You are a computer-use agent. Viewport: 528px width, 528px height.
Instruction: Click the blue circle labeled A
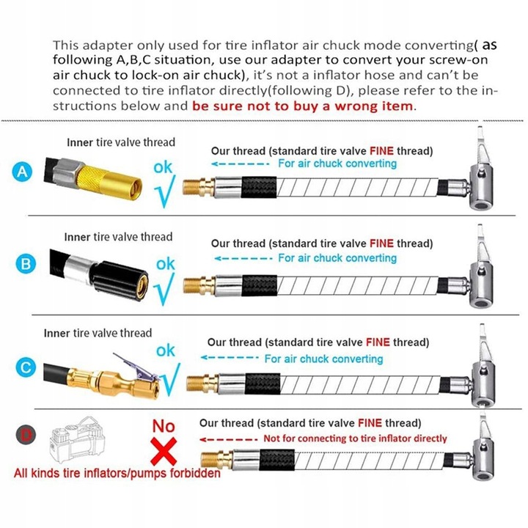pos(22,172)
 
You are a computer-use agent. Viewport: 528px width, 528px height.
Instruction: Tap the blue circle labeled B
pos(26,264)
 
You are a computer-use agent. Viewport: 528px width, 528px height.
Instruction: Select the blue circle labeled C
pos(26,367)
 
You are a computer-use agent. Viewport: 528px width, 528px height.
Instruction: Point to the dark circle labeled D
pos(26,435)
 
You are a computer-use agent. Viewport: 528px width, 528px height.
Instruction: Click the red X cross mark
pos(164,452)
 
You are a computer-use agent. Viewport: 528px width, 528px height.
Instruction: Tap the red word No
pos(164,426)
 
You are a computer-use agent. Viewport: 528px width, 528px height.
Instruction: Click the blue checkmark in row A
pos(165,191)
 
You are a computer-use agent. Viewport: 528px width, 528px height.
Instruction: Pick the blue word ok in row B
pos(165,264)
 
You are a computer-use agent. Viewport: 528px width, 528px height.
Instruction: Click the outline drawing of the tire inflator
pos(78,439)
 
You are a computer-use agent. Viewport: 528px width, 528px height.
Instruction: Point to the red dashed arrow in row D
pos(228,439)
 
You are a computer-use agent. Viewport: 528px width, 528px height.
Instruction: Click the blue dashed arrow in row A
pos(240,164)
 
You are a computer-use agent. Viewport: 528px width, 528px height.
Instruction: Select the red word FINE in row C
pos(378,342)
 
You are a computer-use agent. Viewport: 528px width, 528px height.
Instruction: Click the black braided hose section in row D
pos(276,459)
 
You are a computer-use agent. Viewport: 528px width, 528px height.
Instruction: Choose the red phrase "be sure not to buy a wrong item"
pos(303,106)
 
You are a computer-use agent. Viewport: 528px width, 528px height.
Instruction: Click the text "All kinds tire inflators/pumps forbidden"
pos(117,473)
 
